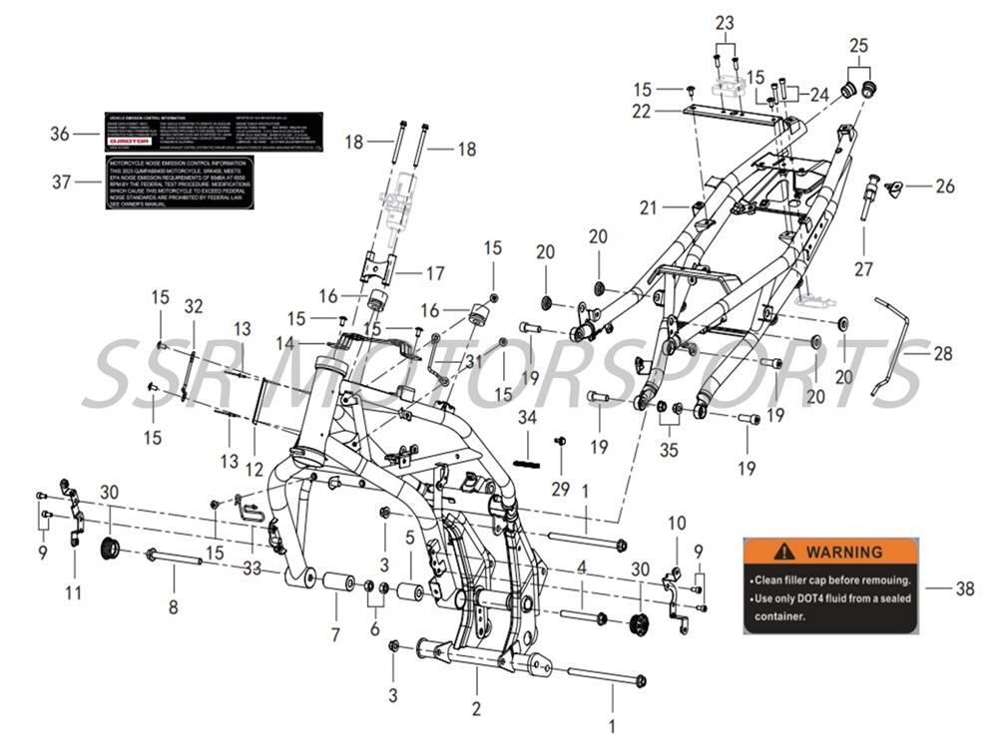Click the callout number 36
coord(60,133)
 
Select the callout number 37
coord(60,183)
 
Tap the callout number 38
coord(964,588)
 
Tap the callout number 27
coord(863,269)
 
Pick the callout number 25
coord(859,46)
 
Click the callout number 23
coord(725,22)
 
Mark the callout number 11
coord(74,592)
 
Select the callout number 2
coord(476,709)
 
